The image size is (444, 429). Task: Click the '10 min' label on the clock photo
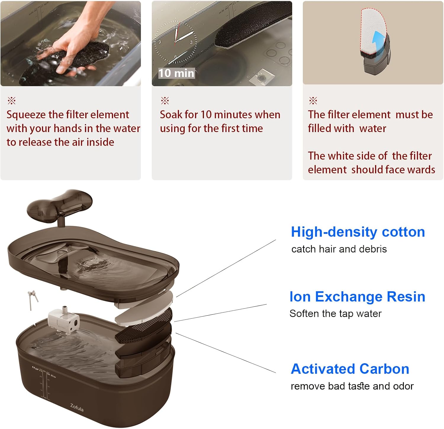click(176, 73)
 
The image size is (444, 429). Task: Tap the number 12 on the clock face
click(175, 27)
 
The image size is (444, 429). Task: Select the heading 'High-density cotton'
click(358, 232)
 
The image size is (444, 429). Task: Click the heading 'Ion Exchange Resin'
click(357, 297)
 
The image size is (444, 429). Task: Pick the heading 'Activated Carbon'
click(350, 369)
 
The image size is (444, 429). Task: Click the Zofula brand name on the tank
click(77, 408)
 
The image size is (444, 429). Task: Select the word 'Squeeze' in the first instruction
click(26, 115)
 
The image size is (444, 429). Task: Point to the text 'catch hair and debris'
click(339, 249)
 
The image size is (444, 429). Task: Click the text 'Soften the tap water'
click(335, 314)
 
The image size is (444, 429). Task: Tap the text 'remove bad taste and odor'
click(352, 386)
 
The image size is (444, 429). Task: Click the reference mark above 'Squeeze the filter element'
click(12, 101)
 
